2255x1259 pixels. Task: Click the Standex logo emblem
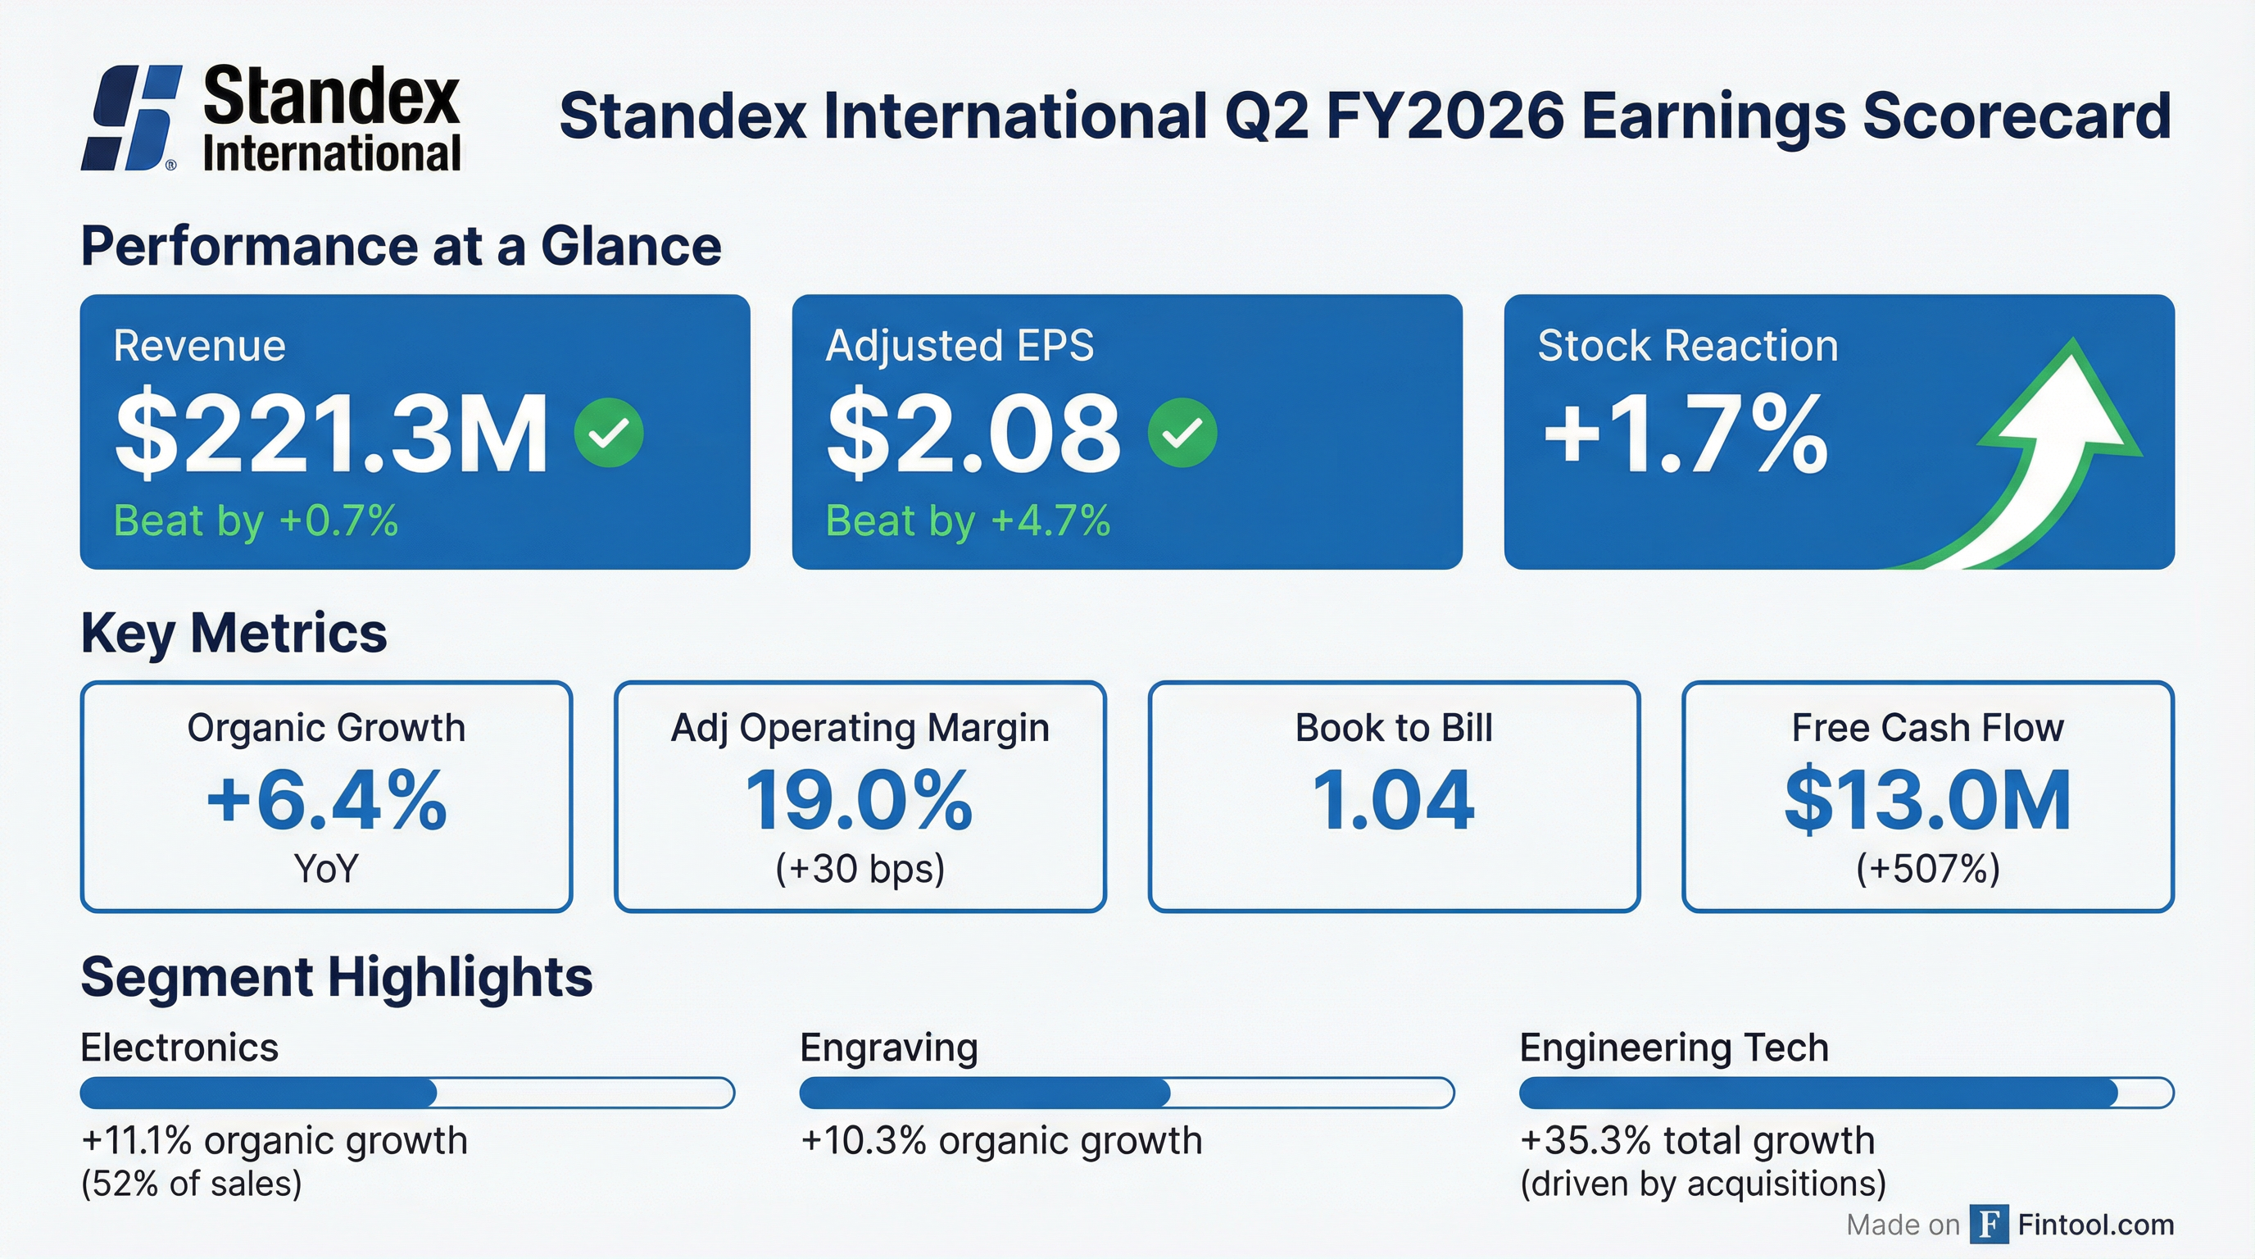coord(132,117)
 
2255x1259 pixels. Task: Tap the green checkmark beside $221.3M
coord(608,433)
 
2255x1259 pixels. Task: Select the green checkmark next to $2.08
coord(1182,433)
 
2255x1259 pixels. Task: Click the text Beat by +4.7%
coord(967,521)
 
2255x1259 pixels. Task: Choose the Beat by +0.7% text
coord(256,521)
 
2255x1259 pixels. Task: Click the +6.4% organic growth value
coord(326,800)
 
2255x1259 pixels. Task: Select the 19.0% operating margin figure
coord(860,800)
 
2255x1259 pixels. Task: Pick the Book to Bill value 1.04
coord(1394,800)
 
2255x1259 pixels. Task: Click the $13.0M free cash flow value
coord(1927,800)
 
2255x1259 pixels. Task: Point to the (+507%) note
coord(1927,869)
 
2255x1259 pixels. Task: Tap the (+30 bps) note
coord(860,869)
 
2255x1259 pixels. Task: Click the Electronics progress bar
coord(407,1093)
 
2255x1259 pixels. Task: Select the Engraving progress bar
coord(1127,1093)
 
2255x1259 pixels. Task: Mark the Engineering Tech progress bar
coord(1846,1093)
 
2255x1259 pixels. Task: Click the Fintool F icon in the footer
coord(1989,1224)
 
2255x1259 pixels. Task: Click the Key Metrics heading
coord(234,633)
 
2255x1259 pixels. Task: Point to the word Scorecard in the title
coord(2016,116)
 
